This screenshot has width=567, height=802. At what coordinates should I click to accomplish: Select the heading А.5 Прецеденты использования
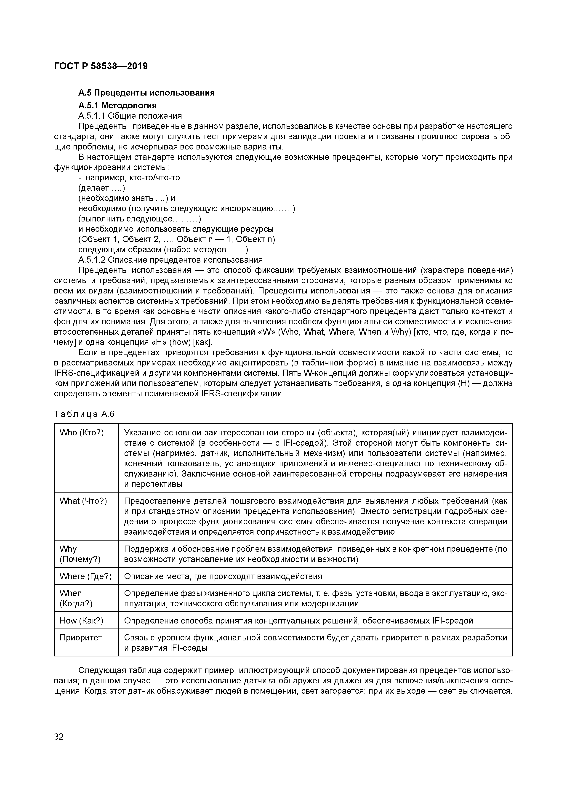coord(146,93)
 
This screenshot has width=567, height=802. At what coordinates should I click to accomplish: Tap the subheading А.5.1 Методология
coord(117,106)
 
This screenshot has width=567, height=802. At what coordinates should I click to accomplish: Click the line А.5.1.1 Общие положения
coord(130,116)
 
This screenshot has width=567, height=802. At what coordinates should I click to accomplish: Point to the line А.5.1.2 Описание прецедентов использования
coord(170,260)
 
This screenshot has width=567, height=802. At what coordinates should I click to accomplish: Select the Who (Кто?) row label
coord(82,433)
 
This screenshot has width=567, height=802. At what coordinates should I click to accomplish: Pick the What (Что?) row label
coord(83,501)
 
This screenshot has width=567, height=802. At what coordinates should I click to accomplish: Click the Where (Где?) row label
coord(86,576)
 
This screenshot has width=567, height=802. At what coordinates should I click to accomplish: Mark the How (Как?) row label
coord(81,621)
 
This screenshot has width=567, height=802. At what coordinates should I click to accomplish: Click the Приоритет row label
coord(81,638)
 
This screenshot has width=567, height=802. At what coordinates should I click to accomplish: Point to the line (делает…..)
coord(102,188)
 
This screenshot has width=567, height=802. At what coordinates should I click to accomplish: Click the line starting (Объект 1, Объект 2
coord(177,239)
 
